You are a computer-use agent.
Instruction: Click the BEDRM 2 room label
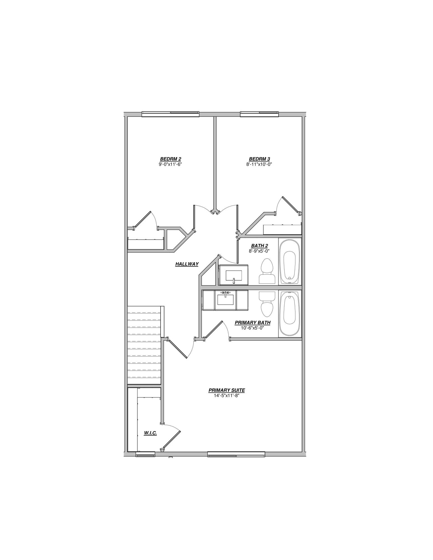pos(170,159)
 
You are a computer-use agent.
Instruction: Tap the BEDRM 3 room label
pos(259,159)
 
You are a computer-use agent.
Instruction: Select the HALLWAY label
pos(187,264)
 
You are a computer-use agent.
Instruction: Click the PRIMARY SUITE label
pos(227,390)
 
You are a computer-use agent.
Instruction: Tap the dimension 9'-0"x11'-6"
pos(170,164)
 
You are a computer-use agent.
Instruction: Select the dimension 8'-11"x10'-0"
pos(259,164)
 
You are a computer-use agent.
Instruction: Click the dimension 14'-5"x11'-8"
pos(227,395)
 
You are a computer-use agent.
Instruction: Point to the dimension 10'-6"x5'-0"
pos(253,328)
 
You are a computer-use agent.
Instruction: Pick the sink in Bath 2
pos(233,275)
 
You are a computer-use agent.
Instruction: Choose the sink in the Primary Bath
pos(226,300)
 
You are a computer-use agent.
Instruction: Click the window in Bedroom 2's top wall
pos(170,114)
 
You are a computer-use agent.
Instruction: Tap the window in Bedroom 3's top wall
pos(260,114)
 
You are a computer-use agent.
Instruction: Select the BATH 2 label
pos(259,246)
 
